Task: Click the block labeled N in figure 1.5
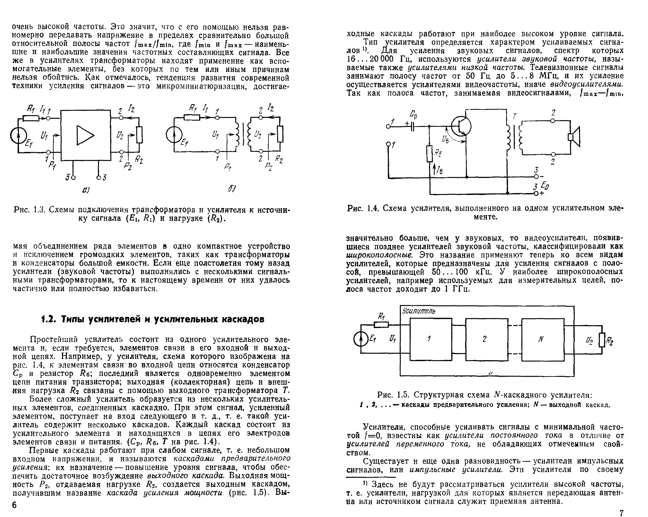point(543,339)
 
